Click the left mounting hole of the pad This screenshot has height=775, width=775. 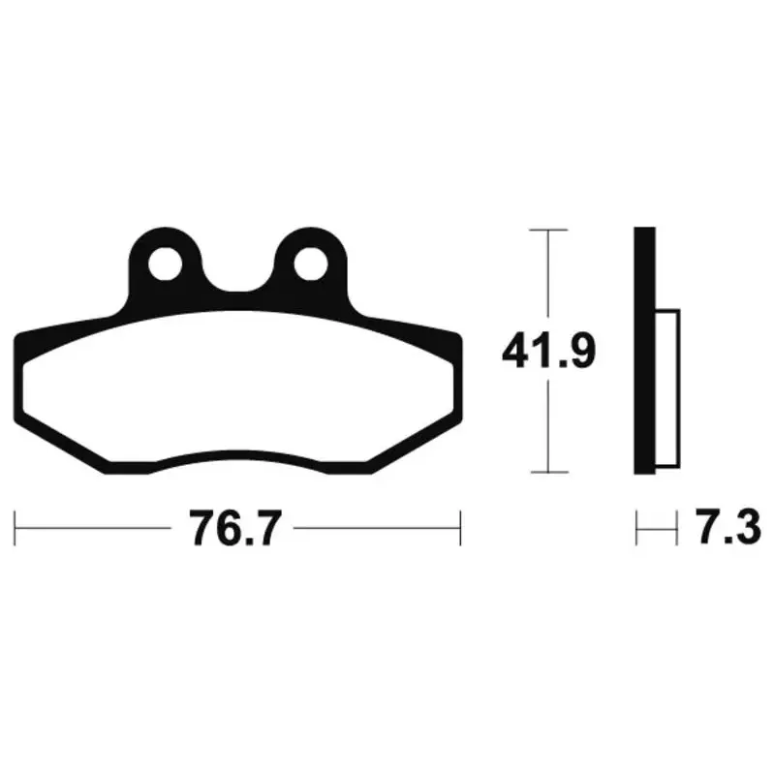(165, 263)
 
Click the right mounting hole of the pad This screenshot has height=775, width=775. (311, 263)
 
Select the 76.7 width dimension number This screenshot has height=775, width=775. (235, 528)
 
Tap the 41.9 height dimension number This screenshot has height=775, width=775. (548, 352)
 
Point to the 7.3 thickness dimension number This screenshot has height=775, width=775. (728, 527)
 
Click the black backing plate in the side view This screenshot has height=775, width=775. (645, 351)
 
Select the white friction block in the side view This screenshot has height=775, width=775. (667, 388)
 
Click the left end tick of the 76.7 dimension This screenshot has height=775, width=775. (15, 528)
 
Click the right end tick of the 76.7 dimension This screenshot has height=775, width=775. (460, 528)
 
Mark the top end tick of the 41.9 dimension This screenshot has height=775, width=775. (548, 230)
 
